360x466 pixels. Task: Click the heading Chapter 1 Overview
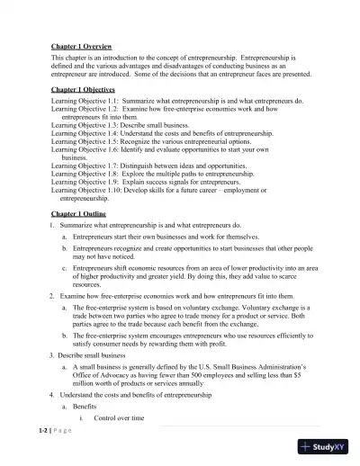click(86, 44)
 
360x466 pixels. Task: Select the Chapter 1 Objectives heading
click(89, 90)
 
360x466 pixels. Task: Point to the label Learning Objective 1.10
click(87, 191)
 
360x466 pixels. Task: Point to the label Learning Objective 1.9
click(85, 183)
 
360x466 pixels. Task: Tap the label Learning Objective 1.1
click(85, 101)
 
